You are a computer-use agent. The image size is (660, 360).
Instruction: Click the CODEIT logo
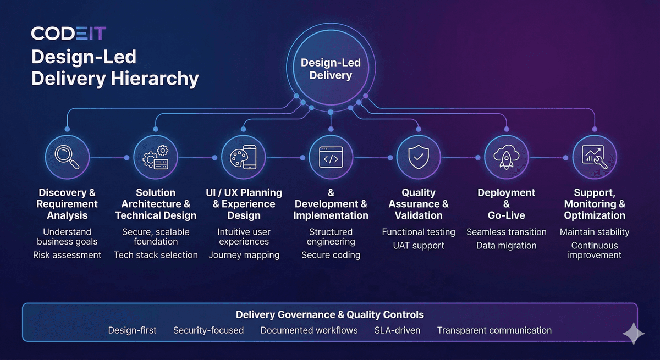coord(68,34)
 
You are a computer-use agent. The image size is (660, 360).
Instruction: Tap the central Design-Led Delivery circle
coord(331,69)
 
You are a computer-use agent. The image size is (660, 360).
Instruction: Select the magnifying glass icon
coord(67,157)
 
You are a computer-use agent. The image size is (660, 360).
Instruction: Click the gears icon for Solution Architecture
coord(156,157)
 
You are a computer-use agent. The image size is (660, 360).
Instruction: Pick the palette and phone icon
coord(243,157)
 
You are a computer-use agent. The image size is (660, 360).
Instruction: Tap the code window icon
coord(331,157)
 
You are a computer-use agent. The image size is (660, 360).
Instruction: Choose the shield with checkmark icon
coord(419,157)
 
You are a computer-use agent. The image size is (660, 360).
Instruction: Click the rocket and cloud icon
coord(506,157)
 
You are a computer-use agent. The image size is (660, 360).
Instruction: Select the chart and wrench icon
coord(595,157)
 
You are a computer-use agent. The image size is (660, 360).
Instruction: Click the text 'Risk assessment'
coord(67,255)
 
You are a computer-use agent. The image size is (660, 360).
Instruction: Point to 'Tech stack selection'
coord(156,255)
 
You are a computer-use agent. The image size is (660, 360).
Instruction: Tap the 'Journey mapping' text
coord(244,255)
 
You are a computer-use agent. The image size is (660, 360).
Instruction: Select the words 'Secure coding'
coord(331,255)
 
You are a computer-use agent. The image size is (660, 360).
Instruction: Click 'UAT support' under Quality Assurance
coord(419,245)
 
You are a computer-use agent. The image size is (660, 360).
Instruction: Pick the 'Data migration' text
coord(506,245)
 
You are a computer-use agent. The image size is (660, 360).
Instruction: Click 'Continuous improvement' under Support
coord(595,250)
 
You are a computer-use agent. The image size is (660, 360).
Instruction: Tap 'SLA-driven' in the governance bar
coord(397,330)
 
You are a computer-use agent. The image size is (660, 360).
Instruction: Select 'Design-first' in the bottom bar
coord(132,330)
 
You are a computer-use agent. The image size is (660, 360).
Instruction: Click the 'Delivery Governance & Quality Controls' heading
coord(330,315)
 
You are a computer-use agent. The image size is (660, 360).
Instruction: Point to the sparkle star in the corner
coord(633,334)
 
